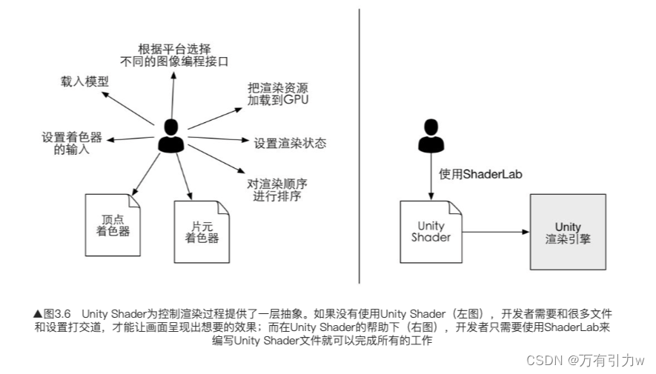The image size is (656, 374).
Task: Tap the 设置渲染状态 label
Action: coord(290,143)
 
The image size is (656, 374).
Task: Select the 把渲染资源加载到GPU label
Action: coord(278,94)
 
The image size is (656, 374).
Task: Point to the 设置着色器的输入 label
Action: coord(71,144)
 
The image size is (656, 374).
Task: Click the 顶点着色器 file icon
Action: coord(113,224)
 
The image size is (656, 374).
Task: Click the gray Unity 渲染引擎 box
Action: coord(568,232)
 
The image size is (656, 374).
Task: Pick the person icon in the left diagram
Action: coord(172,136)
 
